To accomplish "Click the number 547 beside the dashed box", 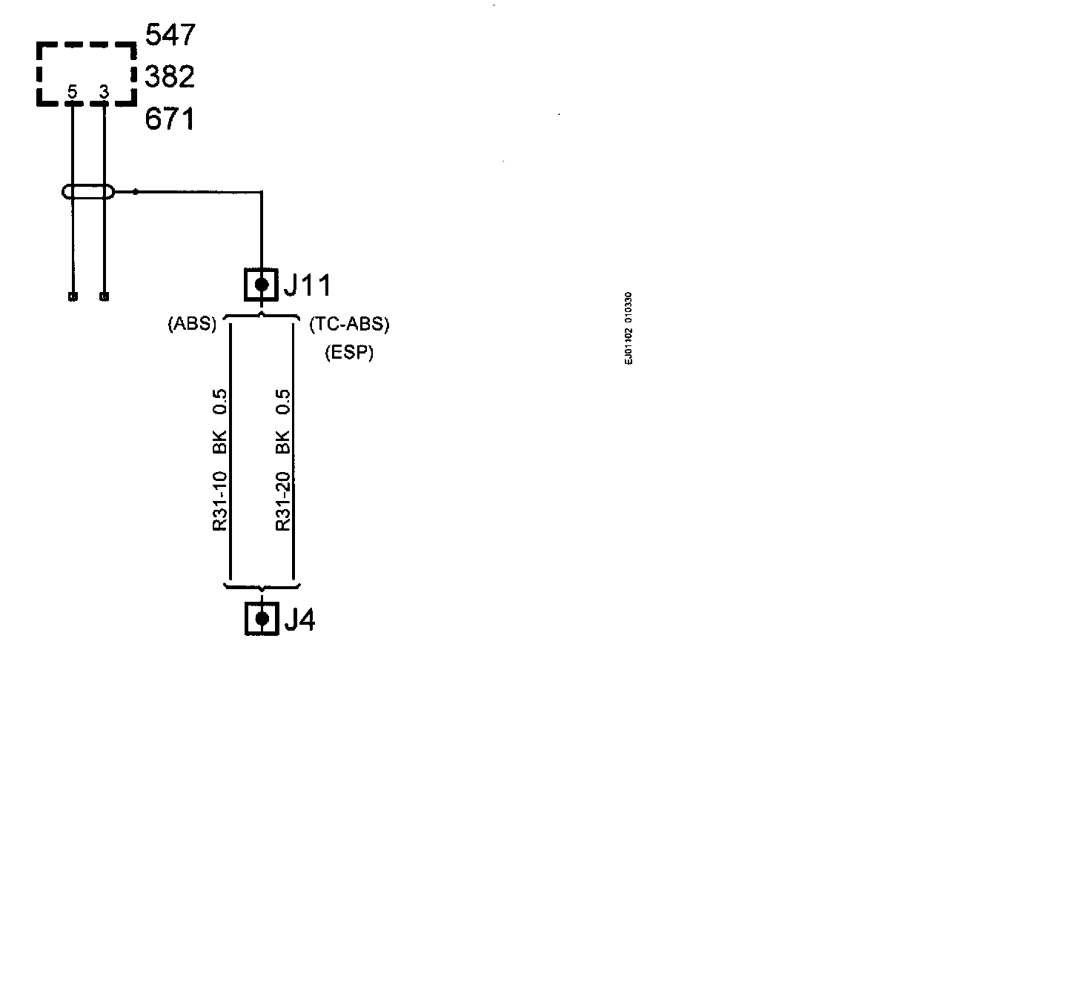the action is pos(170,35).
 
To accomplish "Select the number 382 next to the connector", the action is pos(170,76).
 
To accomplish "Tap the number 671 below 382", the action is pos(170,119).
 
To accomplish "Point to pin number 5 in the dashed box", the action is pos(72,93).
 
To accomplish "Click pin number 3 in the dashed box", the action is pos(104,93).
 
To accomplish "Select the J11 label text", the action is pos(307,285).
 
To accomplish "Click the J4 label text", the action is pos(299,620).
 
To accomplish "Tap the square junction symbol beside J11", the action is pos(261,285).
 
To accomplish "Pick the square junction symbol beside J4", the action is pos(261,619).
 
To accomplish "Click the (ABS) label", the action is pos(192,324).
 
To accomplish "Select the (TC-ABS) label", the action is pos(349,324).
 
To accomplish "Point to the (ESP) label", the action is pos(349,353).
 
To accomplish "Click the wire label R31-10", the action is pos(220,501).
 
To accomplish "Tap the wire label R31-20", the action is pos(282,501).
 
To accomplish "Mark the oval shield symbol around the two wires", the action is pos(88,193).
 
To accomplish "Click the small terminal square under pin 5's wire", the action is pos(72,297).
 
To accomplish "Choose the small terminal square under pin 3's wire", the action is pos(104,297).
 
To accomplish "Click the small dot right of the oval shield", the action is pos(136,192).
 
